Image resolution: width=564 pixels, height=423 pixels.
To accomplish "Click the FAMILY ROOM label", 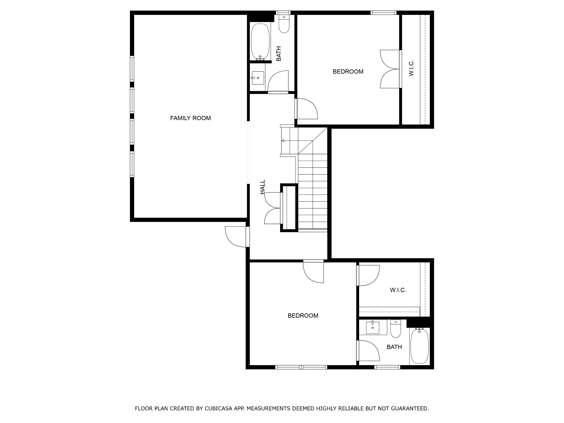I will pyautogui.click(x=190, y=118).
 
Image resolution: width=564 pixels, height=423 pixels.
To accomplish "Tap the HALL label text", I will pyautogui.click(x=263, y=187).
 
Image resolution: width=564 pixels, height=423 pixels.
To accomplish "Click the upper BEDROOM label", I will pyautogui.click(x=348, y=72).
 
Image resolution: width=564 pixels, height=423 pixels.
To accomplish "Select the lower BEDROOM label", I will pyautogui.click(x=303, y=316).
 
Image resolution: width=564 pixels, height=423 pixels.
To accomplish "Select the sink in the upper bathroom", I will pyautogui.click(x=258, y=78).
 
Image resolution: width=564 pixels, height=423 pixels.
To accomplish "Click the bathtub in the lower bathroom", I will pyautogui.click(x=419, y=346).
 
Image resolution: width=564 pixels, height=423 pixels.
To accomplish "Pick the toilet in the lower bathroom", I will pyautogui.click(x=395, y=329).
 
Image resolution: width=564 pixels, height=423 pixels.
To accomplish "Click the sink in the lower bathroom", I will pyautogui.click(x=372, y=328).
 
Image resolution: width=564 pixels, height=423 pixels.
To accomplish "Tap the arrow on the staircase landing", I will pyautogui.click(x=283, y=141).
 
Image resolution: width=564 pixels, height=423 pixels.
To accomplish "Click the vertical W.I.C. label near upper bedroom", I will pyautogui.click(x=411, y=68).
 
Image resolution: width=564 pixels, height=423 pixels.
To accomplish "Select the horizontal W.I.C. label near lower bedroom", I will pyautogui.click(x=398, y=290).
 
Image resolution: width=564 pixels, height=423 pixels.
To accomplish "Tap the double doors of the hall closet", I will pyautogui.click(x=273, y=208).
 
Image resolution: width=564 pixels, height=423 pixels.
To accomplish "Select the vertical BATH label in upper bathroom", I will pyautogui.click(x=279, y=54).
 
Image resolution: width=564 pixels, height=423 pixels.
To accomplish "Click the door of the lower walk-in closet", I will pyautogui.click(x=368, y=275).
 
